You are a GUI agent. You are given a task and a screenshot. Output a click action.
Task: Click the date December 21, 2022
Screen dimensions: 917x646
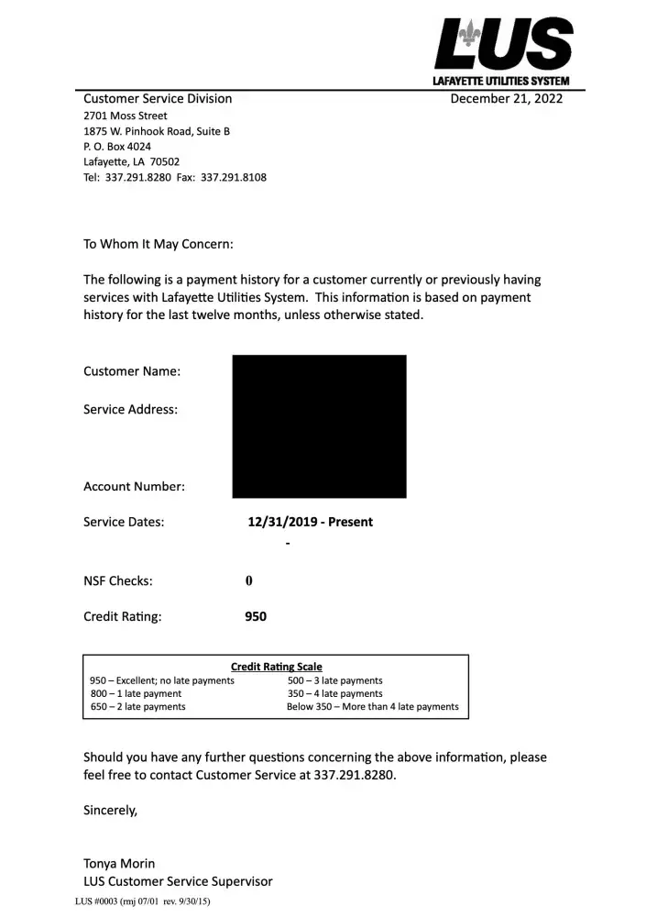[x=506, y=99]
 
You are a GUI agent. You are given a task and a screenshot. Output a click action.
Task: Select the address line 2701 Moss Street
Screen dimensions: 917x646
[x=126, y=116]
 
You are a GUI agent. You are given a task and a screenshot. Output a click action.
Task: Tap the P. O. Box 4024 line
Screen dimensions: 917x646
[x=117, y=147]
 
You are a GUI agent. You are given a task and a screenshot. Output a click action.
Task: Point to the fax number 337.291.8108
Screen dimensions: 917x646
[x=234, y=177]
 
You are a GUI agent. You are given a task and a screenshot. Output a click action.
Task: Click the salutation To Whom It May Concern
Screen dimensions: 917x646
[x=159, y=245]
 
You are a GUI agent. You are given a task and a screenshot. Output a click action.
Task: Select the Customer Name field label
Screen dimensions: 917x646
[x=132, y=371]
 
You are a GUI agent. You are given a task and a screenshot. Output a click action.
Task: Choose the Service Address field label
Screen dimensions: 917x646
[x=130, y=410]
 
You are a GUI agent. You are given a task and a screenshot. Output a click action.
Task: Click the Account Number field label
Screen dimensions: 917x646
[x=134, y=487]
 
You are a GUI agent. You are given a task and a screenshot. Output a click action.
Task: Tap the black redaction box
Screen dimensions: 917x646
[x=319, y=426]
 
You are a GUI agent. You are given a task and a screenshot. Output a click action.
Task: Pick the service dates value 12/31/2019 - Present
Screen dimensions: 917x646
[x=311, y=522]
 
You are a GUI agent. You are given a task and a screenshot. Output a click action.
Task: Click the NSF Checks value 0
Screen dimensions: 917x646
[x=248, y=581]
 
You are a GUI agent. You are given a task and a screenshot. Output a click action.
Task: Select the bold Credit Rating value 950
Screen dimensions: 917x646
[x=256, y=617]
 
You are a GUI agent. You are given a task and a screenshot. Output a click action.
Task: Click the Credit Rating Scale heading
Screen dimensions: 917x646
[x=276, y=667]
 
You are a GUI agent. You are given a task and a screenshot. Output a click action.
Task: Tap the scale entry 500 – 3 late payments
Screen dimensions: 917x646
[x=334, y=680]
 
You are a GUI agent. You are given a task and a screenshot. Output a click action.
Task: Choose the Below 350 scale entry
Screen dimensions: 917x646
[x=372, y=707]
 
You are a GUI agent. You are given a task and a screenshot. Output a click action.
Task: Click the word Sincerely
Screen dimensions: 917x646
[x=111, y=811]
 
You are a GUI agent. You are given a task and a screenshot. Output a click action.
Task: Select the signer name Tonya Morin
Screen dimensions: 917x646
[x=119, y=864]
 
